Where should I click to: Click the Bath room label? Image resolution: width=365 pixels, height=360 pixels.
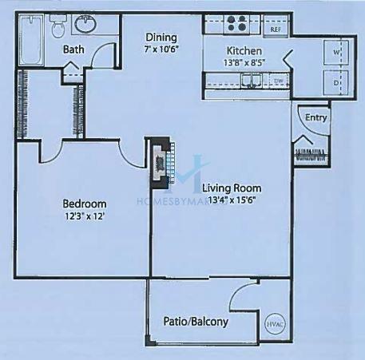(73, 49)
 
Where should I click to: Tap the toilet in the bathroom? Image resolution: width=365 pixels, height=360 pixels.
(58, 26)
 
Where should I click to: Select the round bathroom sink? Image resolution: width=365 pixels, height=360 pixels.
(85, 24)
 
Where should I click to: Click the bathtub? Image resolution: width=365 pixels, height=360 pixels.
(31, 40)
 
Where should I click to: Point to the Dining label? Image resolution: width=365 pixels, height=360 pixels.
(161, 38)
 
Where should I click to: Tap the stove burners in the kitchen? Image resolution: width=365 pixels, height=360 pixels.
(236, 23)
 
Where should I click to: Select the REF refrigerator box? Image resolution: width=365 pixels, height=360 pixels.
(276, 26)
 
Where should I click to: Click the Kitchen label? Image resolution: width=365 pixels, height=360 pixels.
(244, 51)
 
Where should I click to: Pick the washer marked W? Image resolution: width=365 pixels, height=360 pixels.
(336, 53)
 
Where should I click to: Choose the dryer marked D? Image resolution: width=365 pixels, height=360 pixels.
(336, 83)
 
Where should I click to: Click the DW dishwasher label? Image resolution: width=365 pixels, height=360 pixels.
(278, 81)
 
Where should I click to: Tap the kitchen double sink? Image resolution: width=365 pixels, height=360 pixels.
(252, 81)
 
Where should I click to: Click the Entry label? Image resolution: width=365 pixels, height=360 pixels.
(315, 117)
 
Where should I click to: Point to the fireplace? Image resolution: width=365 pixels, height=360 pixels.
(161, 163)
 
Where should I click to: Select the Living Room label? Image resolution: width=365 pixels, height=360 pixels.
(232, 188)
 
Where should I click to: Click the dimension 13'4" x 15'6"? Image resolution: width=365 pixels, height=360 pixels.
(232, 200)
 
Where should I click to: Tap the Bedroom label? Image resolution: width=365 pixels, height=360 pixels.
(85, 204)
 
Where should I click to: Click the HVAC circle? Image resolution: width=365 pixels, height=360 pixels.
(276, 324)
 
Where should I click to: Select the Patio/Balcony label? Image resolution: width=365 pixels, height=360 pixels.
(196, 322)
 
